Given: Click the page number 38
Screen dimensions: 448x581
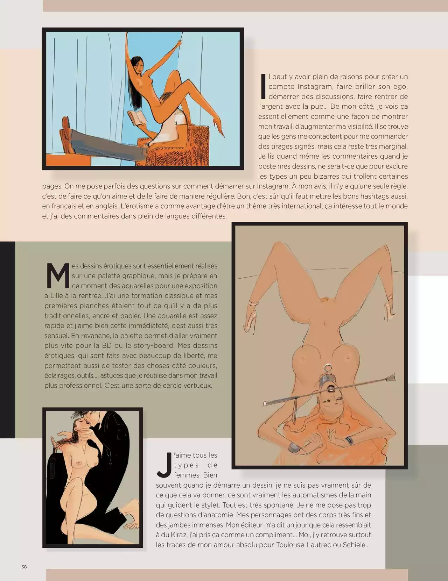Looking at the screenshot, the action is point(24,567).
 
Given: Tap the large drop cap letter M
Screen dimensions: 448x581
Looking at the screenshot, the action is point(58,276).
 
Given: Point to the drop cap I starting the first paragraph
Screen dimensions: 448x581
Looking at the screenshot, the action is point(263,86).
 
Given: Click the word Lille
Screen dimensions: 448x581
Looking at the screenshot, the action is point(58,296).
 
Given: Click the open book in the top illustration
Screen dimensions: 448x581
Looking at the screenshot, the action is point(137,118).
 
